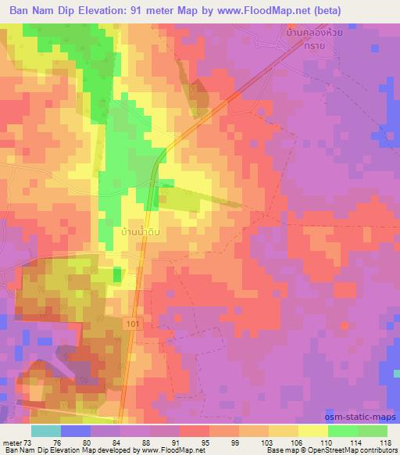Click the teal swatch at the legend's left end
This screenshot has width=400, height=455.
(x=46, y=431)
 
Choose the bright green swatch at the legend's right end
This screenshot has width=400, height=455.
(x=373, y=431)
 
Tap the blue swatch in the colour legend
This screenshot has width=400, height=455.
(x=76, y=431)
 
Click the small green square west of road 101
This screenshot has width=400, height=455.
(x=117, y=274)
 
